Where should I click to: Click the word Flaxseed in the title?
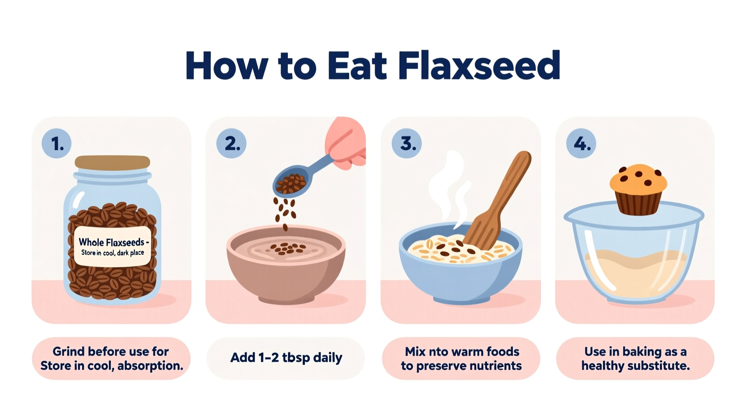tap(479, 65)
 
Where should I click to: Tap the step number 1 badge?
tap(56, 143)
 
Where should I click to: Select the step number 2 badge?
tap(231, 143)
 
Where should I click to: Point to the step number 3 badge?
tap(407, 143)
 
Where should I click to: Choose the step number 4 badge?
tap(581, 143)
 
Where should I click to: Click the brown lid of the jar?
tap(113, 162)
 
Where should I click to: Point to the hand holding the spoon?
tap(346, 143)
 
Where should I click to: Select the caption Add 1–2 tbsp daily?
tap(286, 358)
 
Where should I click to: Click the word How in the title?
tap(226, 65)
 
